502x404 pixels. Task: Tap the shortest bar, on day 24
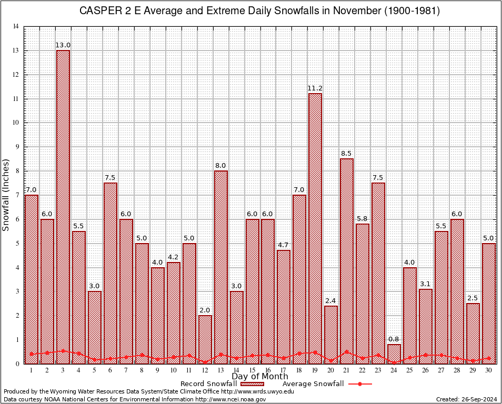click(x=394, y=353)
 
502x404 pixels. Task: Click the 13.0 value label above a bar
click(x=63, y=45)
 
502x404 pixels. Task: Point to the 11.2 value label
click(x=315, y=88)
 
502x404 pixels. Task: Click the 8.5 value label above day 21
click(x=347, y=154)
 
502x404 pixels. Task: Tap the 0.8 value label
click(x=394, y=339)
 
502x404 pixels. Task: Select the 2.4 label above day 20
click(x=331, y=301)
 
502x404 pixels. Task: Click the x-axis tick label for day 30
click(x=489, y=370)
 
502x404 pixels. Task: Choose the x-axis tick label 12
click(x=205, y=370)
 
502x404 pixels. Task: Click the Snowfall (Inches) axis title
click(x=6, y=195)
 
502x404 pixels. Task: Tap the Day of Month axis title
click(x=259, y=377)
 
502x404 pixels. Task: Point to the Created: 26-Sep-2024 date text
click(x=467, y=399)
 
